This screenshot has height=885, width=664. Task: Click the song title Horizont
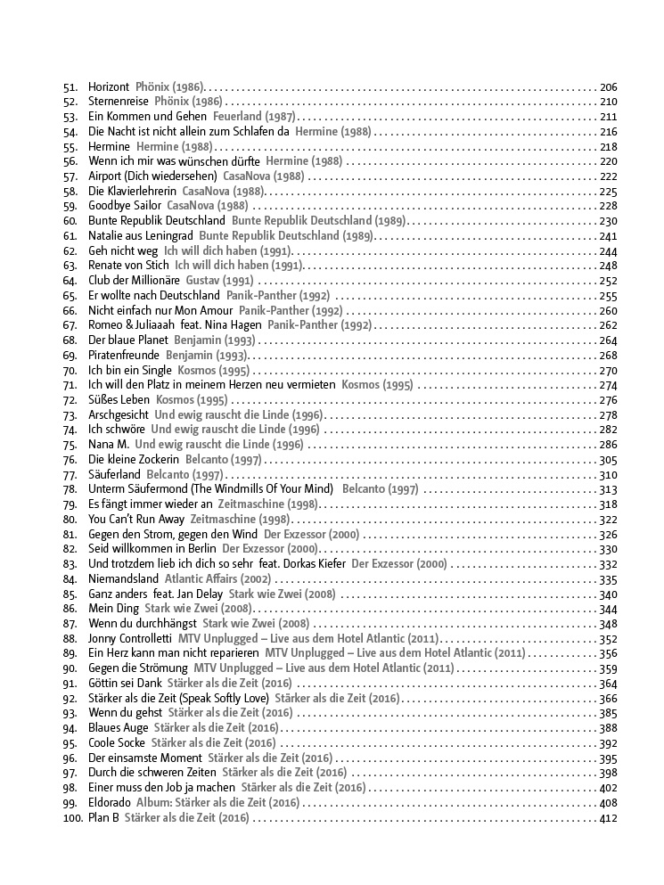(x=109, y=87)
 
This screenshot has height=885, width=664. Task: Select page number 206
(x=609, y=87)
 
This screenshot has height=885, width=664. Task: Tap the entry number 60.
(x=70, y=221)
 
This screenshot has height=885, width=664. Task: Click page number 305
(x=609, y=460)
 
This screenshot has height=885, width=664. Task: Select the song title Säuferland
(x=114, y=475)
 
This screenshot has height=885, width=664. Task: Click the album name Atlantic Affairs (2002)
(x=217, y=579)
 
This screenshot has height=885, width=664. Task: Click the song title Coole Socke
(x=117, y=743)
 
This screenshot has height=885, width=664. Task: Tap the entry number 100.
(x=72, y=818)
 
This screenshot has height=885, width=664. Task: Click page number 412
(x=609, y=818)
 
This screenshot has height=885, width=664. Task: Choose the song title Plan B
(x=103, y=818)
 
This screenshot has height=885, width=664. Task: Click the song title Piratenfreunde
(x=124, y=356)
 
